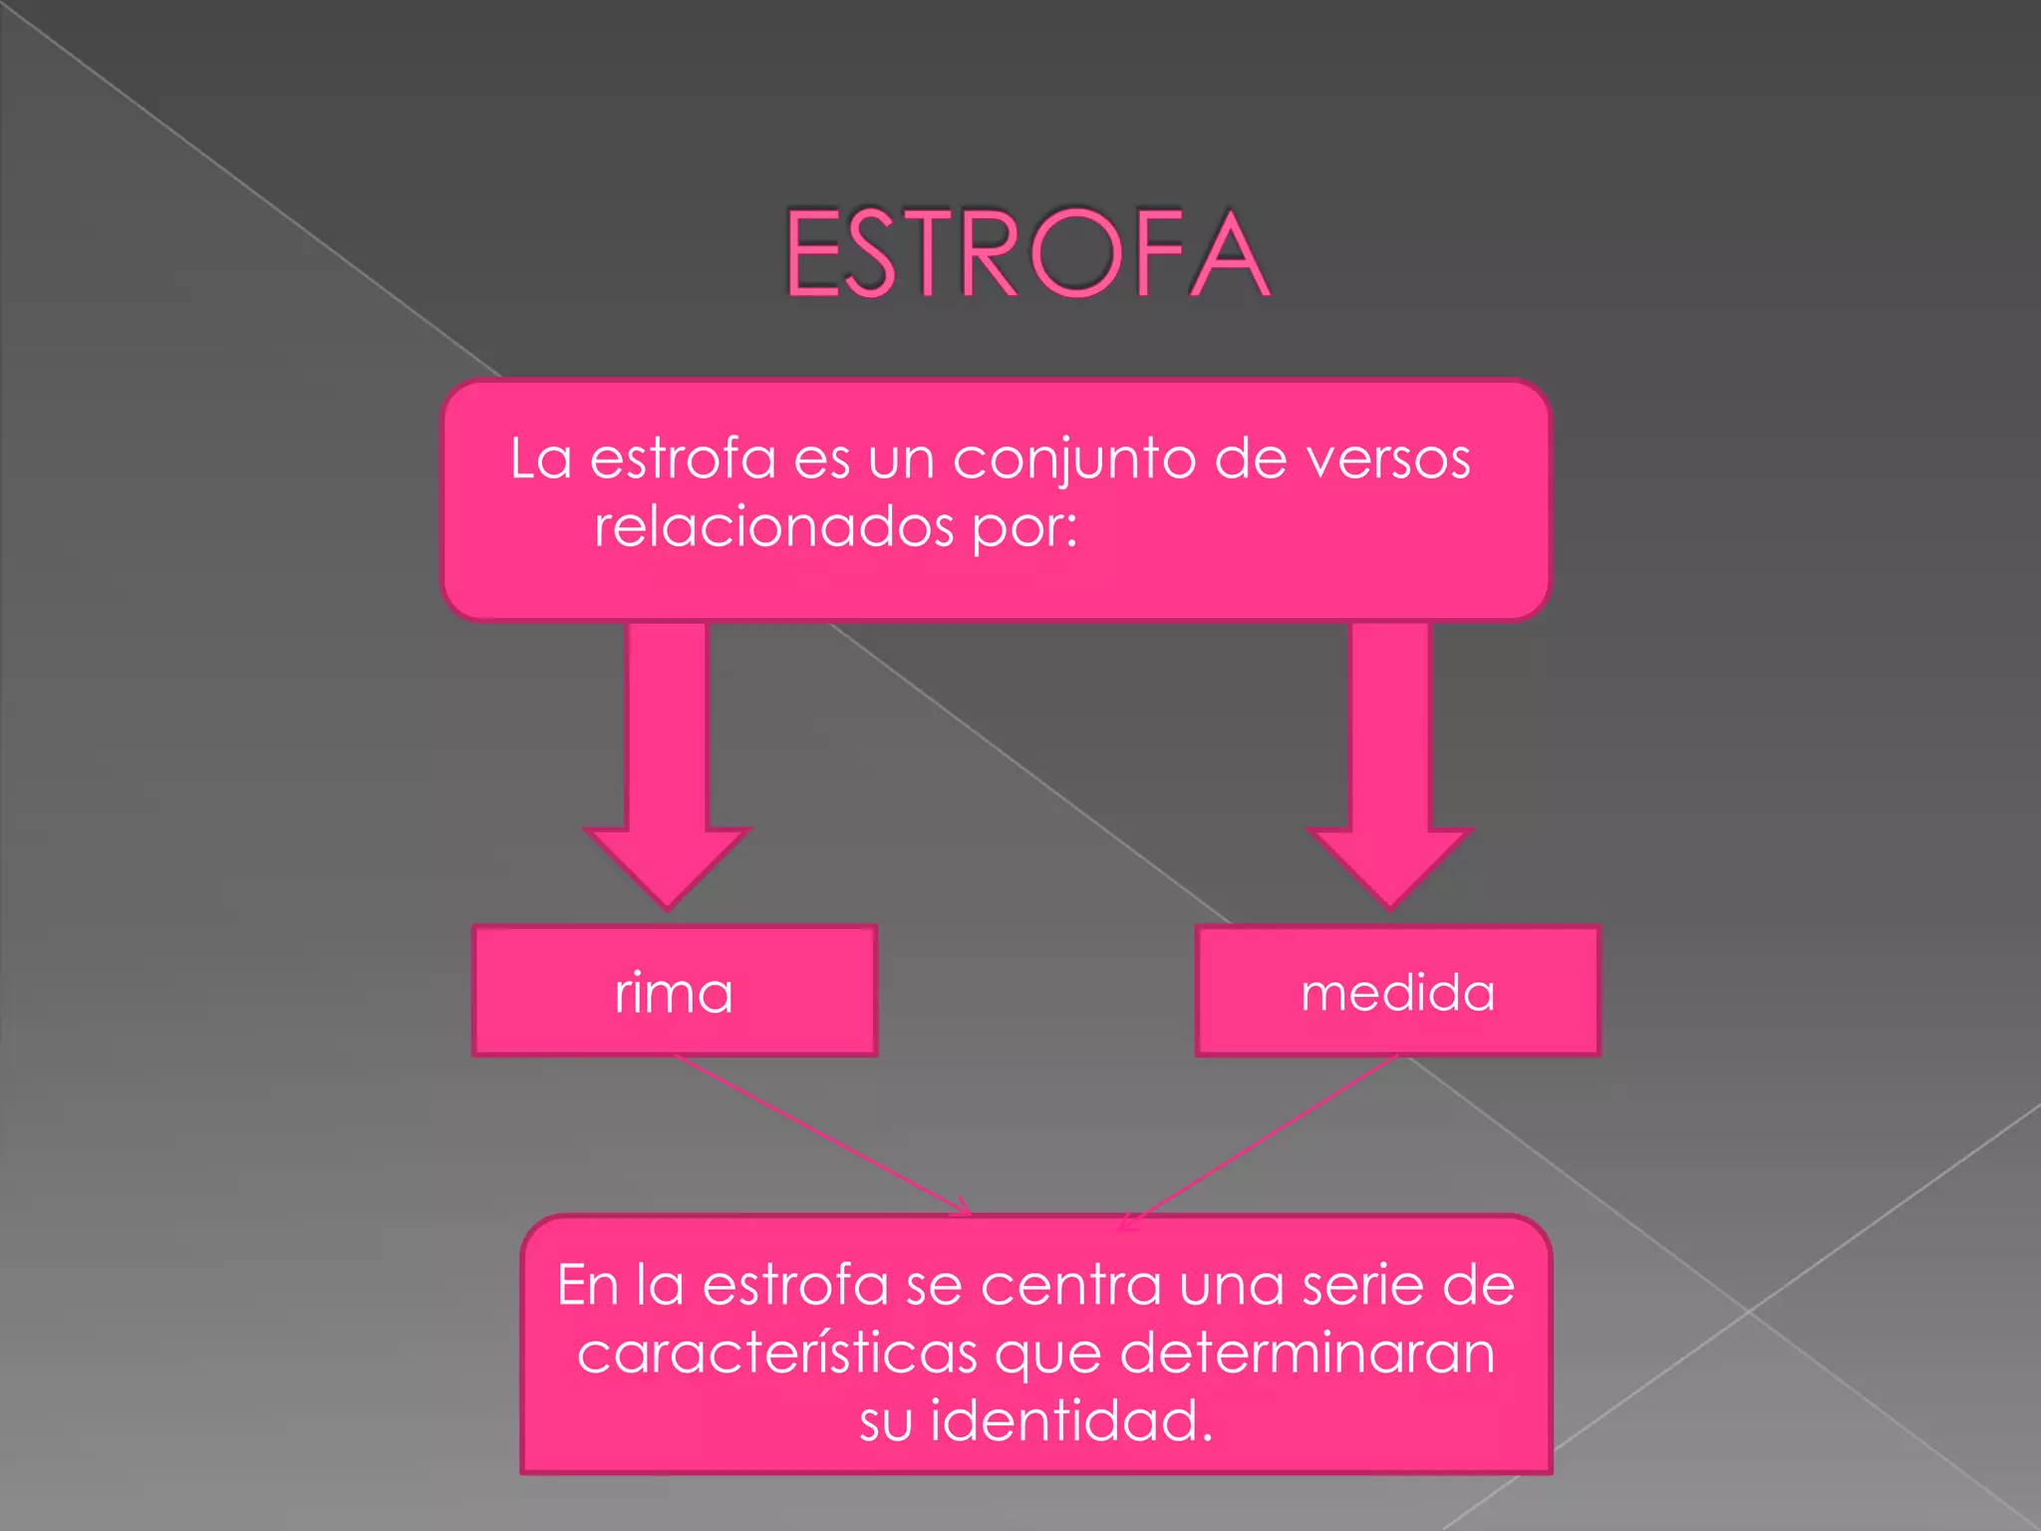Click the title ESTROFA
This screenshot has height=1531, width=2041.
coord(1026,254)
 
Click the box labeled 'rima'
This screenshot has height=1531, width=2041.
coord(675,991)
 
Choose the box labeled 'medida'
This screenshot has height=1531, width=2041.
coord(1397,991)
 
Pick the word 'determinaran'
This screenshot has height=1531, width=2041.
coord(1307,1354)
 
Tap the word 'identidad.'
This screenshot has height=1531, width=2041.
coord(1071,1420)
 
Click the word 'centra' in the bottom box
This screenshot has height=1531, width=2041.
coord(1071,1286)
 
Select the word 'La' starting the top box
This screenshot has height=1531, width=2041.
coord(540,459)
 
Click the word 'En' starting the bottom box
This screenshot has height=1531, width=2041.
coord(587,1286)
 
